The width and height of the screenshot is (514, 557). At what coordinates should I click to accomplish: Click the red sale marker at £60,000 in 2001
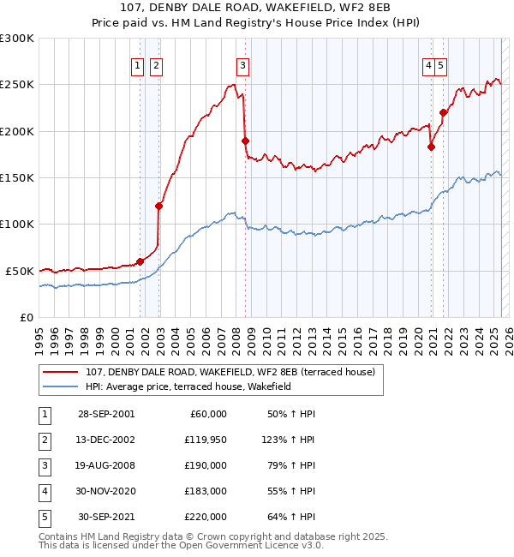pos(140,261)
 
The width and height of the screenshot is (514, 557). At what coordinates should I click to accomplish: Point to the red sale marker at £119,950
pos(158,206)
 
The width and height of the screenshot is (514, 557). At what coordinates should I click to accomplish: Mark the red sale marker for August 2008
pos(245,141)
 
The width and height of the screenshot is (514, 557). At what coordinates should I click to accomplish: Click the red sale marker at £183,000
pos(431,147)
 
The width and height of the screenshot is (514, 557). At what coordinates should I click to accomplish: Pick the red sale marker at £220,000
pos(444,112)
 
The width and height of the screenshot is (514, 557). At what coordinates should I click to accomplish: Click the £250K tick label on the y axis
pos(17,85)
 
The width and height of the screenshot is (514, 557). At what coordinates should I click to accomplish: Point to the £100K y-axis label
pos(17,224)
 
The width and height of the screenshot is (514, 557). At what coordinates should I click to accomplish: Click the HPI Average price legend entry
pos(188,386)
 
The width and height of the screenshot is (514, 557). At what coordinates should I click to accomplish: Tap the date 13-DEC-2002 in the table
pos(106,440)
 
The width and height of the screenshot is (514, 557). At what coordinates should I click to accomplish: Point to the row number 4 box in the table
pos(44,491)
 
